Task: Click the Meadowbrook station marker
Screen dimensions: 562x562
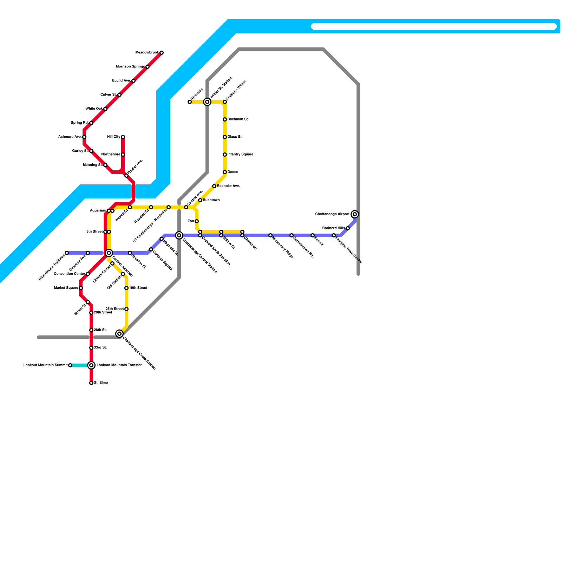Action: [x=162, y=53]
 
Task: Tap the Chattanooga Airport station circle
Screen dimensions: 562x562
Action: [x=355, y=214]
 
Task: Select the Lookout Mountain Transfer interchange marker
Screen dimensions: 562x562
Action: [x=91, y=365]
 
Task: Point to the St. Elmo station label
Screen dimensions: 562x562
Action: [x=101, y=383]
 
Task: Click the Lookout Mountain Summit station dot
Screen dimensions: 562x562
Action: [x=70, y=365]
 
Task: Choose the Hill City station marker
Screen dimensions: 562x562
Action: [x=123, y=137]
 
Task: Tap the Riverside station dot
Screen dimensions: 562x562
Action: [x=190, y=102]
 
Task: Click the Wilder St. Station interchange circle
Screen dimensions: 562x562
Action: [x=207, y=102]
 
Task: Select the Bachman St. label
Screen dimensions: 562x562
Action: [x=238, y=119]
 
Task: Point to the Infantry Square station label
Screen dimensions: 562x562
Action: [x=240, y=155]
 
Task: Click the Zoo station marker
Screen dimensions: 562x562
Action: [x=197, y=221]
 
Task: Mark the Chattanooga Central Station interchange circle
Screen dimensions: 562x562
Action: [x=179, y=235]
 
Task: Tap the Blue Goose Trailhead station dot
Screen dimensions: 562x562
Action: [x=67, y=253]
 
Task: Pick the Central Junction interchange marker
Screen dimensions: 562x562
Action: [x=109, y=253]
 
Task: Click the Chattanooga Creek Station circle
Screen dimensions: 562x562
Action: [x=119, y=334]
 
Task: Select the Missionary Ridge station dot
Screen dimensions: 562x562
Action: [x=270, y=235]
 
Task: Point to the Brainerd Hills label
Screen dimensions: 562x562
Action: [x=333, y=228]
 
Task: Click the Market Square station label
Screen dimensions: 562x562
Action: [x=66, y=288]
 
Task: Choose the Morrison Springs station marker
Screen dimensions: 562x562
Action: [x=148, y=67]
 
